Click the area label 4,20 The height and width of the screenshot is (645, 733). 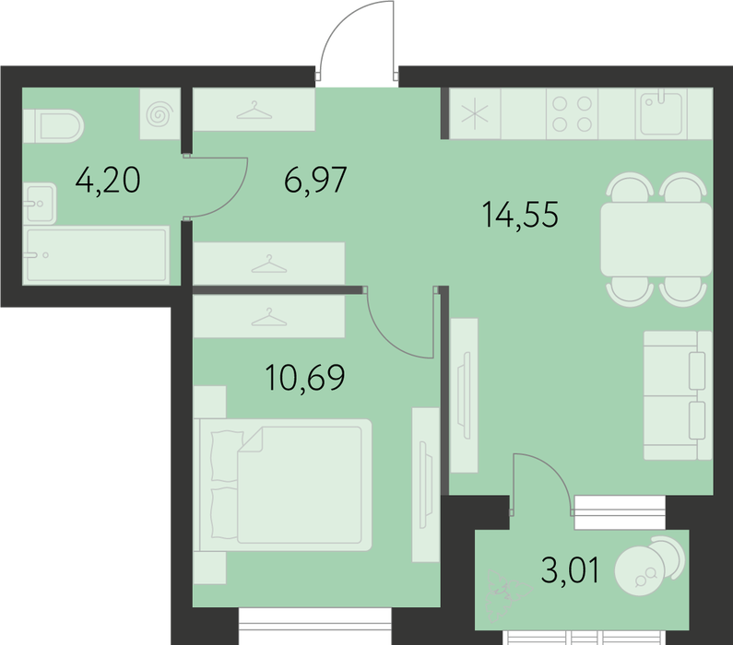click(108, 181)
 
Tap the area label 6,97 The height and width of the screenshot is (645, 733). click(315, 180)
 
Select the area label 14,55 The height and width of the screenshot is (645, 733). click(520, 215)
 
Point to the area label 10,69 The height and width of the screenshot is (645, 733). click(305, 377)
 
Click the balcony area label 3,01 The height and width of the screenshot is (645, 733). click(571, 569)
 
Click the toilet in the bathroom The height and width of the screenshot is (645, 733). click(53, 126)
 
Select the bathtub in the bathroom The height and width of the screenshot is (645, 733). click(96, 255)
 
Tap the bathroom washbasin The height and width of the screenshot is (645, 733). click(40, 203)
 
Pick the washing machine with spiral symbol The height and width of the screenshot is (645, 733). click(160, 114)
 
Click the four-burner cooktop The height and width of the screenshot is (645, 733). click(573, 113)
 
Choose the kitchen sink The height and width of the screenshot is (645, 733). click(661, 113)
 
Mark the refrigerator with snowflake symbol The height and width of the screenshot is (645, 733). click(475, 113)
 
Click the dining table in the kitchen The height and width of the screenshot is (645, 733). click(656, 240)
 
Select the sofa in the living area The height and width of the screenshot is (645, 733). click(678, 395)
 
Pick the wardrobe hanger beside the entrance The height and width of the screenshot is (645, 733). click(254, 111)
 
